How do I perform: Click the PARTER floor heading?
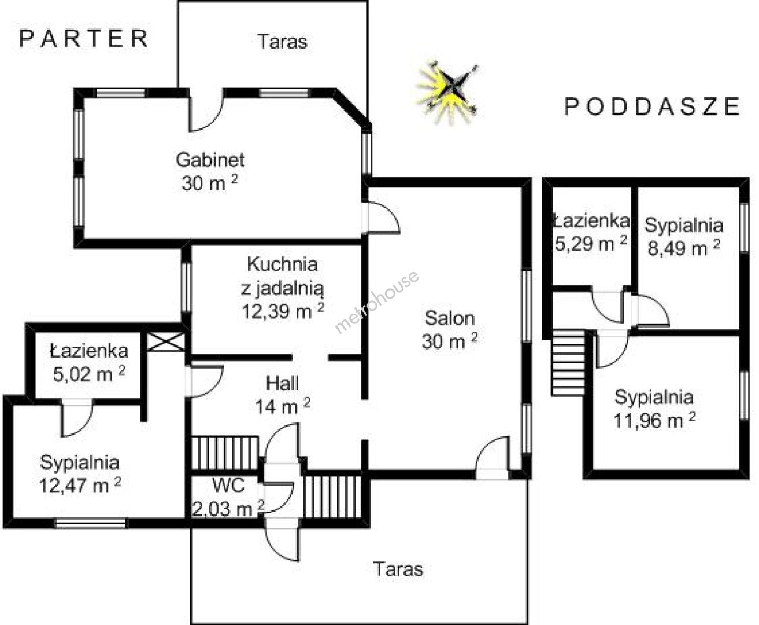point(84,39)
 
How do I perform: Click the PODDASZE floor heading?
point(651,106)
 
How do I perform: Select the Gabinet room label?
point(210,160)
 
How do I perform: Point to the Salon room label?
point(450,318)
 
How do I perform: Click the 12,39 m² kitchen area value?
point(283,311)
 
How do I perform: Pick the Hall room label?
point(282,383)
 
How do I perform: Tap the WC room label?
point(228,485)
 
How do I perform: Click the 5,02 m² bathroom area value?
point(89,374)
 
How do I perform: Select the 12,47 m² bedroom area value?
point(80,486)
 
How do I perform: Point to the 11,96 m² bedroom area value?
point(654,421)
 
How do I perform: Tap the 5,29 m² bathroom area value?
point(591,244)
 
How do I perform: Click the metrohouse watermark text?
point(377,302)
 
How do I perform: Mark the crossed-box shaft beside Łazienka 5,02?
point(166,342)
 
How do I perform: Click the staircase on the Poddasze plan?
point(568,363)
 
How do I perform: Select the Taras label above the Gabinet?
point(283,42)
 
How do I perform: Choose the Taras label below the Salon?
point(398,569)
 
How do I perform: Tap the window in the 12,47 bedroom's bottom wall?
point(91,523)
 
